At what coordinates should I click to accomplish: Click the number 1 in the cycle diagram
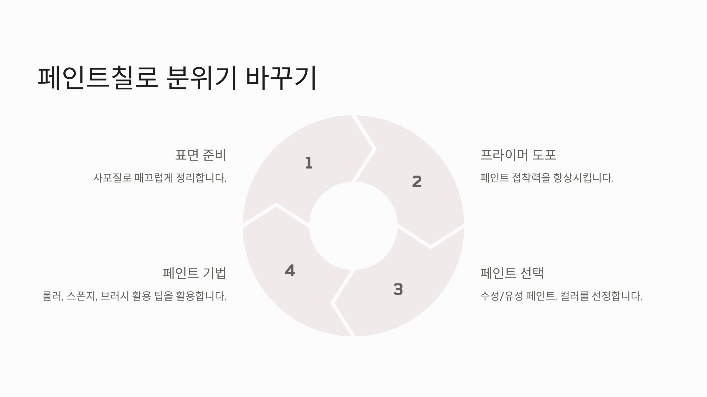309,163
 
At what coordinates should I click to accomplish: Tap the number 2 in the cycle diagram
417,182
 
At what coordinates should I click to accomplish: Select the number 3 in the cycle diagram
398,289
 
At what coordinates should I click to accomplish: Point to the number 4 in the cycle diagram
290,271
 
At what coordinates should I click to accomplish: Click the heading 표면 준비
201,155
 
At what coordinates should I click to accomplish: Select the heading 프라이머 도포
518,155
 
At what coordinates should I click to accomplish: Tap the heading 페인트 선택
512,273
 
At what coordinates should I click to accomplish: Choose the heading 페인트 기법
194,273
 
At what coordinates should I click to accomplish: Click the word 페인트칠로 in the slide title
98,78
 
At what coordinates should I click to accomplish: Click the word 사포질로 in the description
112,178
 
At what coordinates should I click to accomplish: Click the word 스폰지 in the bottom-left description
82,296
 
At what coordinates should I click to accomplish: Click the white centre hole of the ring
353,226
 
